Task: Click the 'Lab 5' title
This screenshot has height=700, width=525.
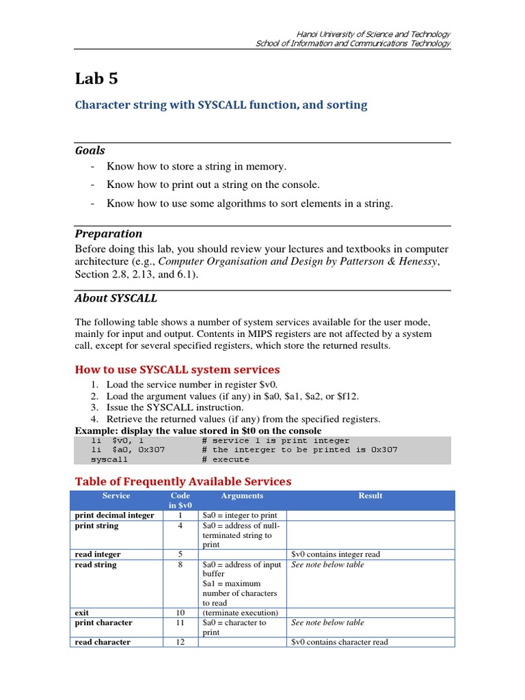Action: (x=96, y=79)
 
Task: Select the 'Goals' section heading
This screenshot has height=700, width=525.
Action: (x=90, y=150)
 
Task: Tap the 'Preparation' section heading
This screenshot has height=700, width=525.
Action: (x=109, y=233)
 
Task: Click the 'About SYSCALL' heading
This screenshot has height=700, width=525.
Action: (x=116, y=297)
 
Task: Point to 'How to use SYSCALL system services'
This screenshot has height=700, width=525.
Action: (x=177, y=369)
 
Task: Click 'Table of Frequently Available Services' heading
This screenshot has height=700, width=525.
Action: (x=183, y=481)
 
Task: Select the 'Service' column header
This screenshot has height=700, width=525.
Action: (x=116, y=496)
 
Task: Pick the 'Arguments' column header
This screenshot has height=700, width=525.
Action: (x=242, y=496)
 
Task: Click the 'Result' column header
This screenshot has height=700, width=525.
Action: (x=370, y=496)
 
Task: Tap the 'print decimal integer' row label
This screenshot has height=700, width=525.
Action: (x=114, y=515)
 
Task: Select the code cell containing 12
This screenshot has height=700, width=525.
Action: (x=180, y=642)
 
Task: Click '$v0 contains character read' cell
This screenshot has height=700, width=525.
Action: (x=340, y=642)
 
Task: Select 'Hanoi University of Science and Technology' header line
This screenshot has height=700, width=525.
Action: (x=373, y=34)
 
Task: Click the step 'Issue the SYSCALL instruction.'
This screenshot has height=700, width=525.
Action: (x=175, y=407)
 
